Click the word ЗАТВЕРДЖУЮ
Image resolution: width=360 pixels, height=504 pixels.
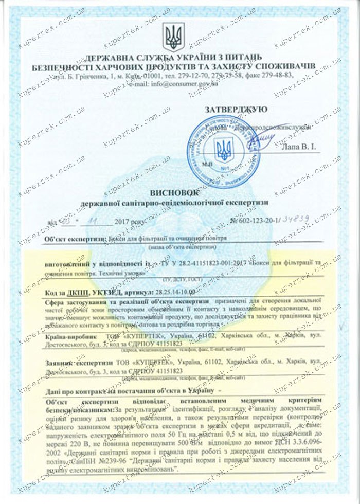pyautogui.click(x=236, y=109)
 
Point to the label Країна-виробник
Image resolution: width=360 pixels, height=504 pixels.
pyautogui.click(x=70, y=335)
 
